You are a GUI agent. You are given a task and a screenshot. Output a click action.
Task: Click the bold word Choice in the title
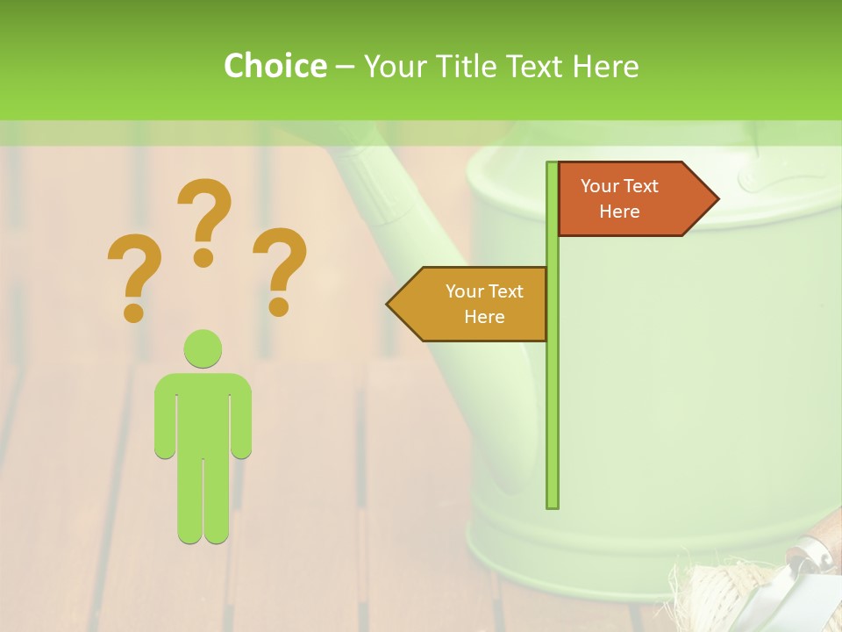(x=275, y=66)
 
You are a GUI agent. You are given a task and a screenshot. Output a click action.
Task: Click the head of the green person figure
(x=203, y=348)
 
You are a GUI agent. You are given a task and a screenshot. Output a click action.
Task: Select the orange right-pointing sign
(x=631, y=199)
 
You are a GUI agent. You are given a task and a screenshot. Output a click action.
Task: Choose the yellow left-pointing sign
(x=474, y=304)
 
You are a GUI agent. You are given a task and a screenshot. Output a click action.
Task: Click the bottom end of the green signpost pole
(x=552, y=504)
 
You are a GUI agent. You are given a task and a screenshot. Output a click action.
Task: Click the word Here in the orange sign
(x=619, y=212)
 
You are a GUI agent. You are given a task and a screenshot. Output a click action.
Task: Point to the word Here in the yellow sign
(x=484, y=317)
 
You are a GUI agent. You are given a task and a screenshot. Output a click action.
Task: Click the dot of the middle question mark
(x=203, y=257)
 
